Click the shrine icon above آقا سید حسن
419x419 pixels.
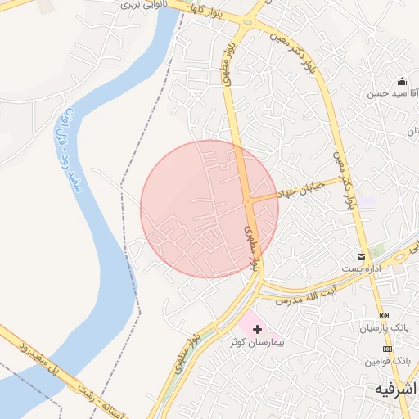tap(402, 81)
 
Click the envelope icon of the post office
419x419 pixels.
tap(362, 255)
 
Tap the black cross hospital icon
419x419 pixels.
tap(258, 329)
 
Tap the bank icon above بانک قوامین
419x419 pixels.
tap(388, 348)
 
